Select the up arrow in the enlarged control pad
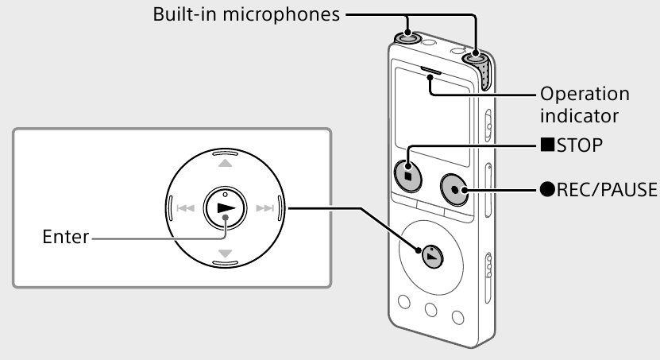pyautogui.click(x=225, y=163)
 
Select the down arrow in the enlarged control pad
pyautogui.click(x=225, y=254)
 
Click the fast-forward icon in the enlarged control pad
pyautogui.click(x=266, y=209)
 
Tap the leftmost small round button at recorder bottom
pyautogui.click(x=403, y=301)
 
